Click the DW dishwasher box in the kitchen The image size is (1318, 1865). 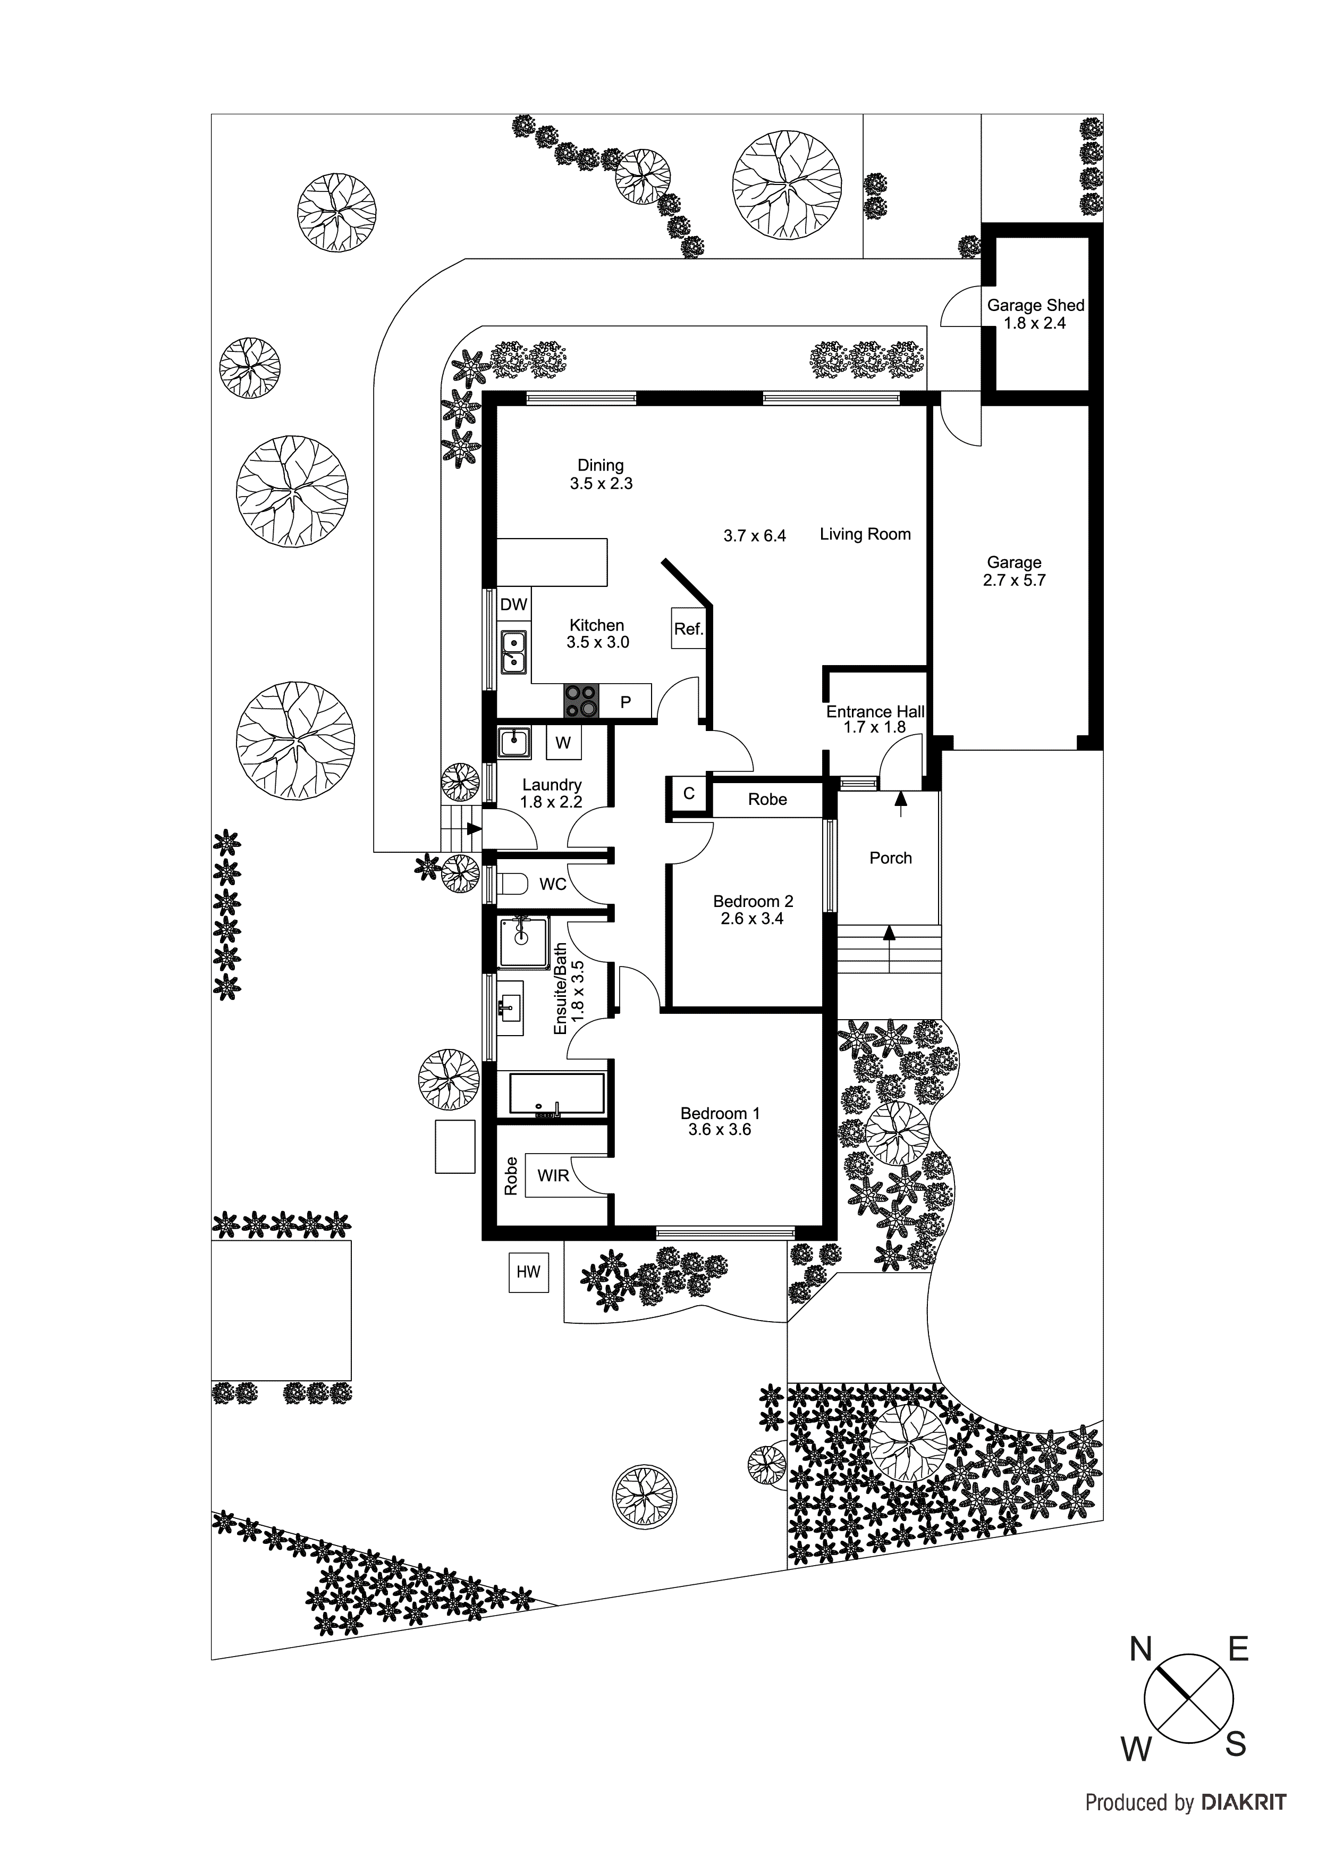pyautogui.click(x=513, y=604)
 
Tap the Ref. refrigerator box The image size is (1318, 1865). pyautogui.click(x=688, y=629)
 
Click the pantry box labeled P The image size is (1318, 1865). pyautogui.click(x=626, y=702)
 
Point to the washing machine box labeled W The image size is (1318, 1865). pyautogui.click(x=563, y=742)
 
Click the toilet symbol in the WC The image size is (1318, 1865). pyautogui.click(x=512, y=883)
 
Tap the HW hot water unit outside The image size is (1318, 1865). pyautogui.click(x=528, y=1272)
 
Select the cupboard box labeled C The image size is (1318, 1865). pyautogui.click(x=689, y=794)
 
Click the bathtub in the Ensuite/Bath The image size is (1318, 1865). pyautogui.click(x=556, y=1094)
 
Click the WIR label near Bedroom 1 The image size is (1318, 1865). pyautogui.click(x=553, y=1175)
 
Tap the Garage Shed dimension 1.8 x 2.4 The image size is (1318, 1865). pyautogui.click(x=1035, y=323)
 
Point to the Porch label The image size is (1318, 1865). pyautogui.click(x=890, y=858)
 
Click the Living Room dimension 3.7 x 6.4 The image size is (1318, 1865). pyautogui.click(x=755, y=536)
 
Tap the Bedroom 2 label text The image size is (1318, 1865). pyautogui.click(x=753, y=901)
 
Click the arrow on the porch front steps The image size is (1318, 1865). pyautogui.click(x=889, y=934)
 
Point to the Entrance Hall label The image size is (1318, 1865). pyautogui.click(x=875, y=711)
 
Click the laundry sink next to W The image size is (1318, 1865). pyautogui.click(x=513, y=742)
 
